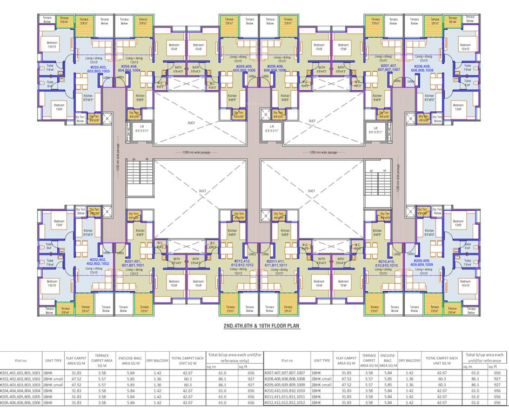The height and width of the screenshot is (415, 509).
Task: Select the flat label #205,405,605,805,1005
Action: coord(244,69)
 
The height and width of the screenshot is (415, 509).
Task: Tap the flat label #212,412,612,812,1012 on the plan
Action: coord(242,264)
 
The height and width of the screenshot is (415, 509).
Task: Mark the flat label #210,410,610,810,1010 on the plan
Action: coord(386,264)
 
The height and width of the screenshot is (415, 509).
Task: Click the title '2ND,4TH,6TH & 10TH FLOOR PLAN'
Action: coord(262,327)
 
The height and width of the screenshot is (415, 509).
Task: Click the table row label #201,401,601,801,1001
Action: coord(21,373)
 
